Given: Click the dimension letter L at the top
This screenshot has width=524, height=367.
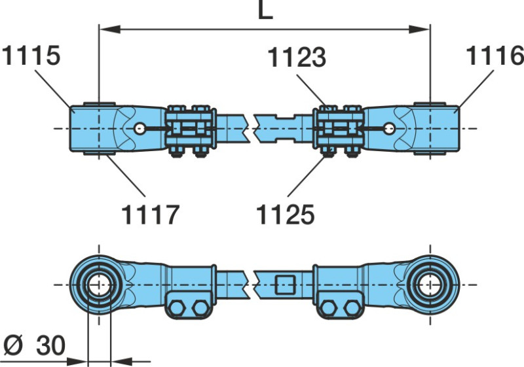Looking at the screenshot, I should point(265,11).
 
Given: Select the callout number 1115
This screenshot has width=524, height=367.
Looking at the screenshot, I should point(31,56).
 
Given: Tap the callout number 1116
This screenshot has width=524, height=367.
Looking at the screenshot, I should point(495,56).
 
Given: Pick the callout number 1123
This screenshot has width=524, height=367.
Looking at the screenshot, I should point(296,58).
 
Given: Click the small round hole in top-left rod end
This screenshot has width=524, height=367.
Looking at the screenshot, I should point(140,128).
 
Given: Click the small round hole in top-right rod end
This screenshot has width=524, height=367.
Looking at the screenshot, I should point(389,128).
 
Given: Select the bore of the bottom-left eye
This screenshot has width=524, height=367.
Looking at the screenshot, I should point(99,285).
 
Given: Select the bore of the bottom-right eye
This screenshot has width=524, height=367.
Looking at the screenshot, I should point(430,285).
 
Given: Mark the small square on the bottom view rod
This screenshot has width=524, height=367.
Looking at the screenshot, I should point(285,285).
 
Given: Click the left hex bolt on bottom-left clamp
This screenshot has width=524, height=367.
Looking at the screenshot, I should point(177,308).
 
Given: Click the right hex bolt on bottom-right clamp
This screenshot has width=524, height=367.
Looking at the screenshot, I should point(352,308).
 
